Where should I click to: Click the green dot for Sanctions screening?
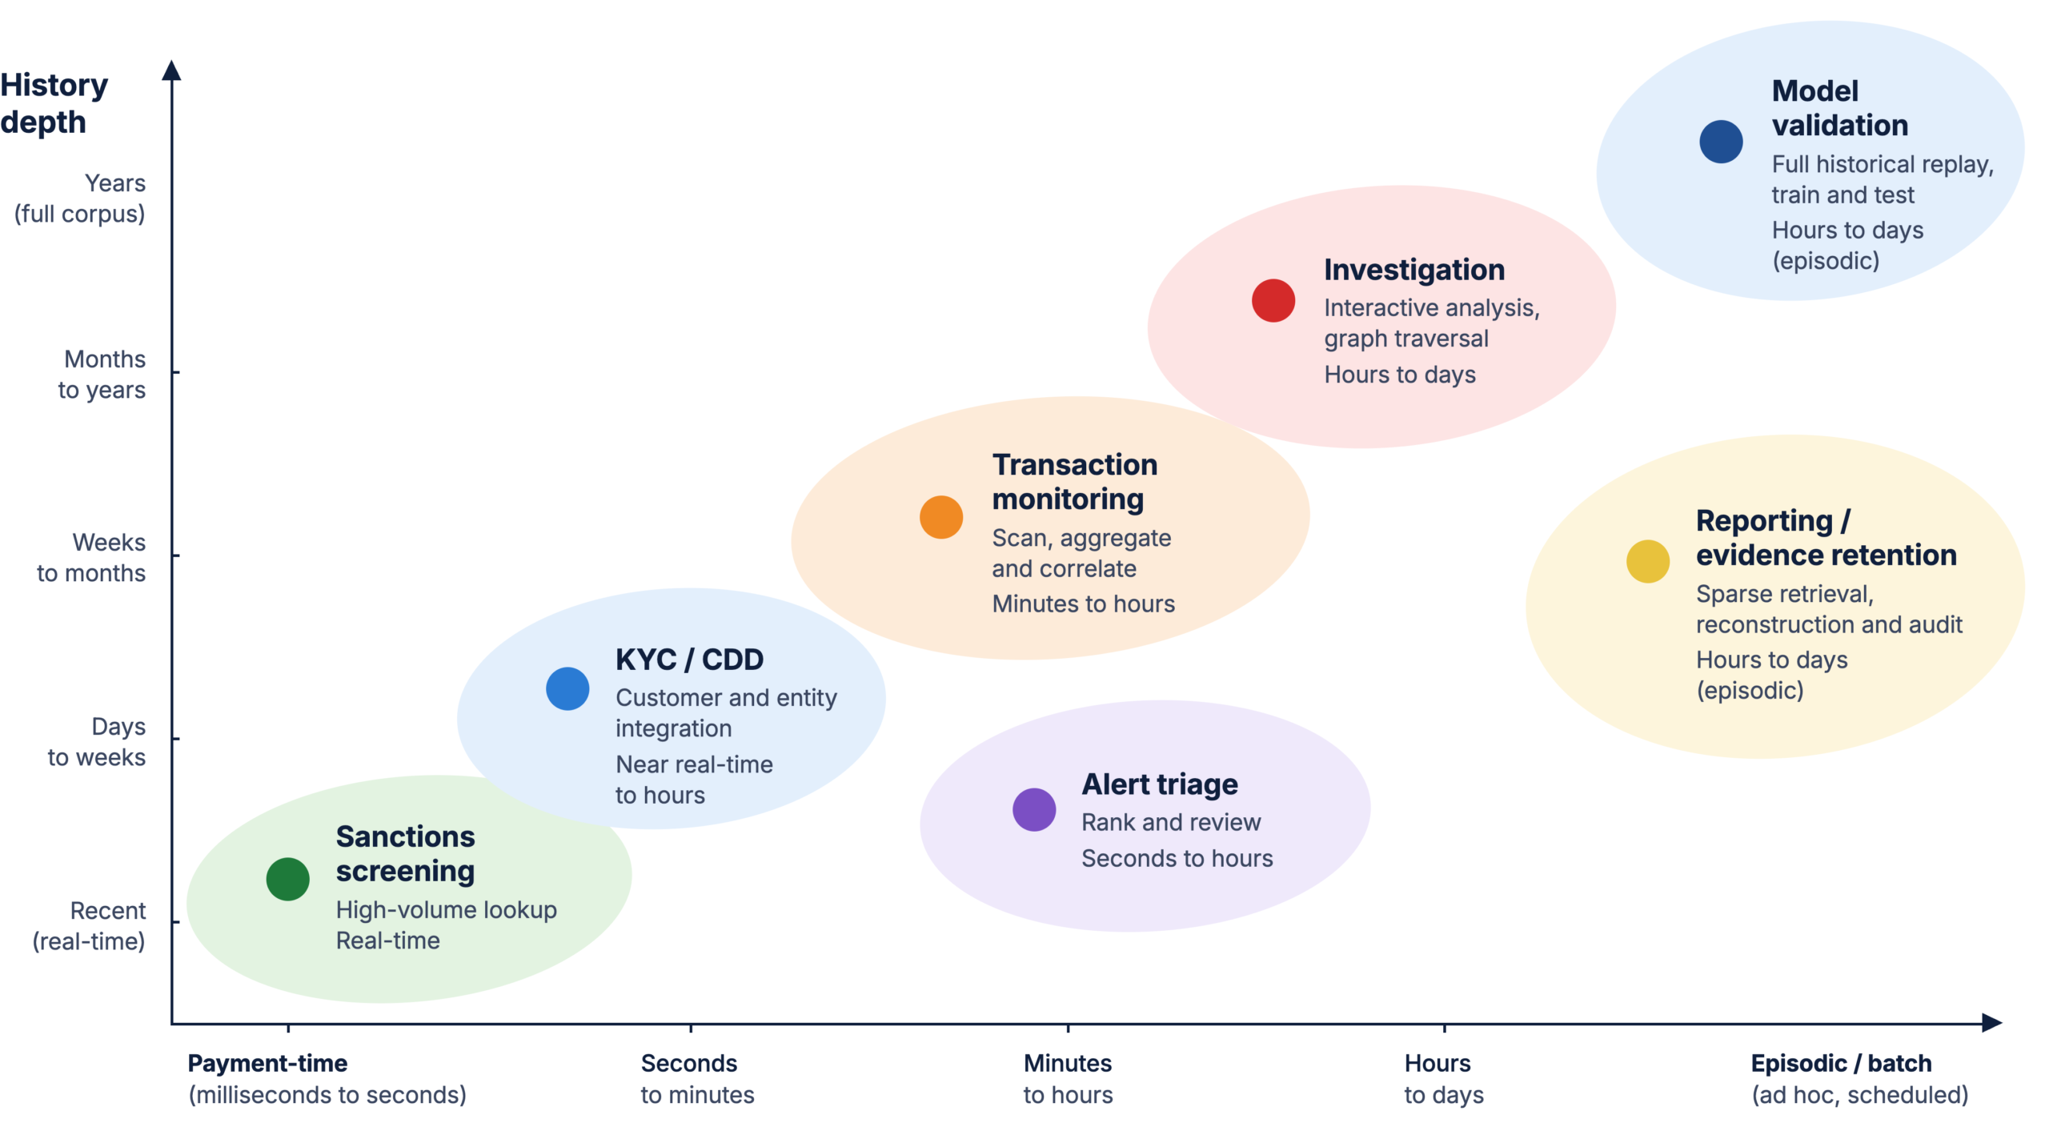click(287, 878)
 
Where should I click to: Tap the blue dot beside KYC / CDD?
click(567, 688)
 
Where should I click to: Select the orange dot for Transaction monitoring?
click(940, 516)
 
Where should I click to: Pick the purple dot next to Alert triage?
click(1033, 808)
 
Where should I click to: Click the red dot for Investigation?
click(1273, 300)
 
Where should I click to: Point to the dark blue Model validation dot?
click(1720, 142)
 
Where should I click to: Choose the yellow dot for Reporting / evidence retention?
click(1647, 560)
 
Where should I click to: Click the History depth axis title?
click(54, 103)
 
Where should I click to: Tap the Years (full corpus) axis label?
click(80, 198)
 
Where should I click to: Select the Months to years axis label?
click(102, 374)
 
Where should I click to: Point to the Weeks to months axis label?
click(91, 557)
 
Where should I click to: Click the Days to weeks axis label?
click(97, 741)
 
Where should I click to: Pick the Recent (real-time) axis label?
click(89, 925)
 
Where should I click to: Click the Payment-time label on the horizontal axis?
click(267, 1062)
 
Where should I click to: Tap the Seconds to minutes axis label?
click(697, 1077)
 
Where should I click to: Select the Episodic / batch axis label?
click(1841, 1062)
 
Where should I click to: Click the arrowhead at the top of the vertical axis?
click(171, 70)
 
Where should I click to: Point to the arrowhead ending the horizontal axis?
click(1991, 1022)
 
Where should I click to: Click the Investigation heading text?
click(1413, 270)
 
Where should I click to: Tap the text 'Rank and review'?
click(1170, 821)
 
